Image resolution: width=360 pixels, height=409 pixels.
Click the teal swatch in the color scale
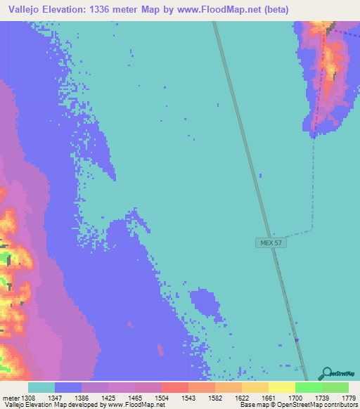click(41, 387)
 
